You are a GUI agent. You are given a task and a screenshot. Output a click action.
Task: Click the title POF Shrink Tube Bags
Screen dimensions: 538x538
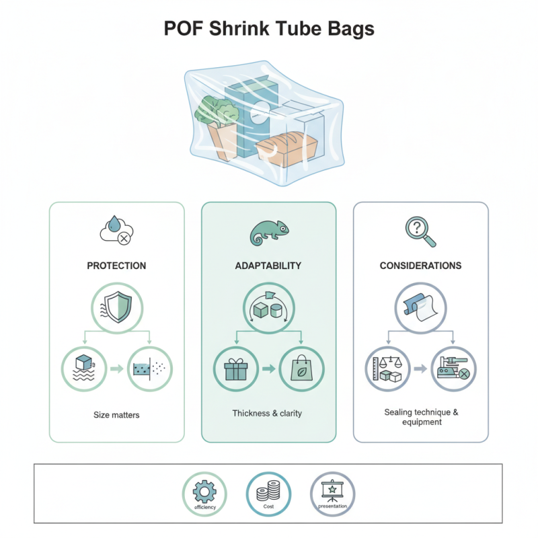[269, 30]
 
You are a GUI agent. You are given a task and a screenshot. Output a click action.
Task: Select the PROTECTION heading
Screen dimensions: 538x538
[116, 266]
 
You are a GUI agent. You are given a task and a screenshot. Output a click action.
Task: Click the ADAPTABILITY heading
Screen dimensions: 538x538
[268, 266]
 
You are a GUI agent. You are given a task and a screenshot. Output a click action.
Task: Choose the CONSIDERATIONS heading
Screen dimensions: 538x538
[420, 266]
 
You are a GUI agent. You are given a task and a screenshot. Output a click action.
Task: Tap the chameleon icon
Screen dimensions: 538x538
[268, 232]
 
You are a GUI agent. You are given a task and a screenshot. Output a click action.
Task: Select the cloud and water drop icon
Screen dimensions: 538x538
[116, 231]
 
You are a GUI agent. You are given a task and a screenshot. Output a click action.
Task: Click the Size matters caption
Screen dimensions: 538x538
[116, 415]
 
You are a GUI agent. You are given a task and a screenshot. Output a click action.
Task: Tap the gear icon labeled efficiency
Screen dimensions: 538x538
[205, 493]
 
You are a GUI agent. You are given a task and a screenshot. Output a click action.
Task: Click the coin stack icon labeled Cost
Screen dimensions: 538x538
[268, 493]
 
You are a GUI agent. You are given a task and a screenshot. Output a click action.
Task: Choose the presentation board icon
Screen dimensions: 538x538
[333, 493]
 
